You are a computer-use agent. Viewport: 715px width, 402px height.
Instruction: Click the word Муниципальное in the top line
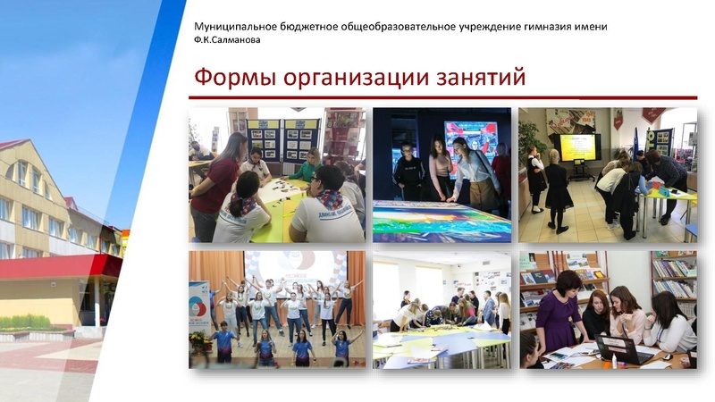point(235,26)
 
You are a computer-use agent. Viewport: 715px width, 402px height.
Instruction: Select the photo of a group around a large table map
point(442,309)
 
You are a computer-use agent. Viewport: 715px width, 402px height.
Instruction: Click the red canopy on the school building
point(63,266)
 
